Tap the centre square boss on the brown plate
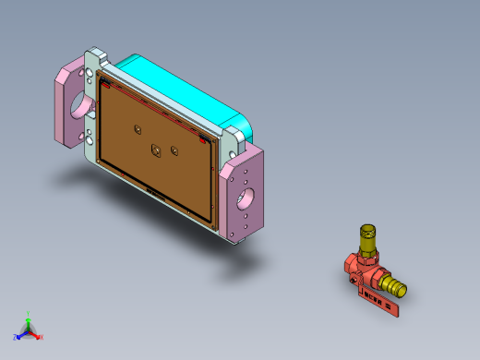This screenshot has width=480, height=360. pyautogui.click(x=155, y=149)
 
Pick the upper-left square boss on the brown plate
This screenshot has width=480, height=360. pyautogui.click(x=137, y=130)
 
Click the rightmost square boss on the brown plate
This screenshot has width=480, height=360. pyautogui.click(x=175, y=149)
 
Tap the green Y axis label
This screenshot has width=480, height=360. pyautogui.click(x=30, y=313)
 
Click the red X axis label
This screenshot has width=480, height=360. pyautogui.click(x=42, y=337)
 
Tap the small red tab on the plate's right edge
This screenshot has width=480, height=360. pyautogui.click(x=205, y=141)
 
